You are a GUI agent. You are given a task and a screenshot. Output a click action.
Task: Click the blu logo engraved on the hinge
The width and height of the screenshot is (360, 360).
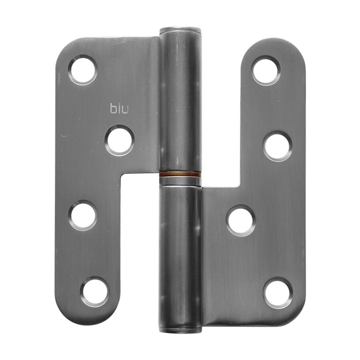coord(119,109)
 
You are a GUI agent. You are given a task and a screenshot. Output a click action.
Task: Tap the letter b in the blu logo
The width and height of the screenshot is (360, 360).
coord(114,109)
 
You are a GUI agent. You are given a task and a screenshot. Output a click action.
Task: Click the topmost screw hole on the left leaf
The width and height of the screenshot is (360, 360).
coord(83,70)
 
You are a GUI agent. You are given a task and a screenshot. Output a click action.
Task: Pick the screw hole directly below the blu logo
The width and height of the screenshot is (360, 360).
coord(119,140)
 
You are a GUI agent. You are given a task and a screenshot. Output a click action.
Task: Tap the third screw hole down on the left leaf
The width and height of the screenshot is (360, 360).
coord(83,215)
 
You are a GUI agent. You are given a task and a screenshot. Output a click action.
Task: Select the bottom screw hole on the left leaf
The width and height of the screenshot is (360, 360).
coord(94,292)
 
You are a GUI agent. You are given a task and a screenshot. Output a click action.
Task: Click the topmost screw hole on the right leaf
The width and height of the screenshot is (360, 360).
coord(266,70)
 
